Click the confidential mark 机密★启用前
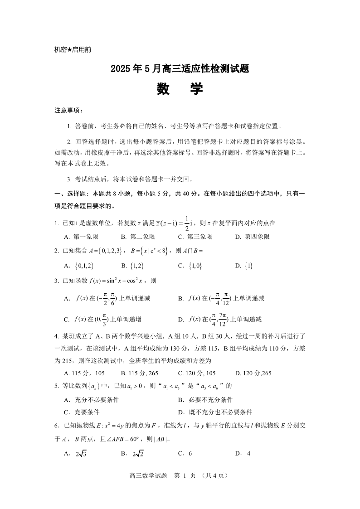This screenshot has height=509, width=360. (x=73, y=50)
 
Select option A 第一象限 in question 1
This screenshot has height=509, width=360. (x=82, y=237)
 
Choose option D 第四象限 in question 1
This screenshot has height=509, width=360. (x=253, y=237)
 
